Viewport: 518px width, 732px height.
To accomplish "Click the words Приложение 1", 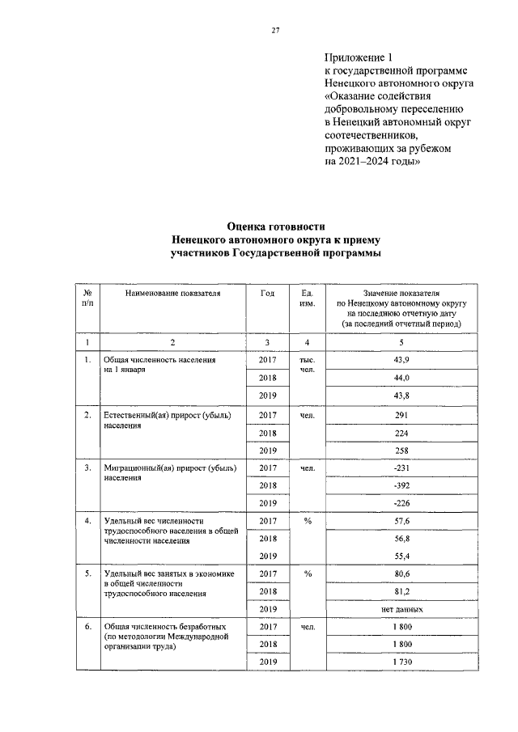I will pos(358,57).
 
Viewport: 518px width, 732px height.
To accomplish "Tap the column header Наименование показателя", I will pos(172,293).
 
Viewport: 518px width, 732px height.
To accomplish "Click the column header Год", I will pos(268,293).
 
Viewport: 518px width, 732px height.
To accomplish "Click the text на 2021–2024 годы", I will pos(372,161).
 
